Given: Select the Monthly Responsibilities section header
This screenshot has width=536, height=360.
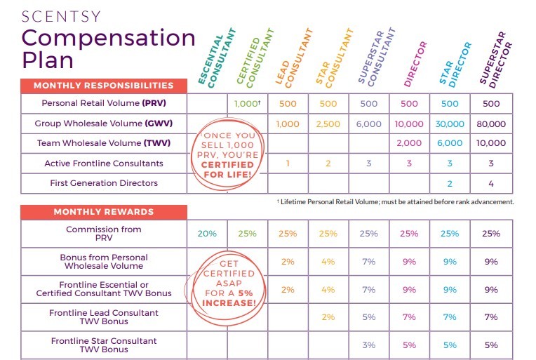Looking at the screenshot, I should click(104, 86).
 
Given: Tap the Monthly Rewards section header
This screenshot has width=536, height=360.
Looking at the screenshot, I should click(104, 211).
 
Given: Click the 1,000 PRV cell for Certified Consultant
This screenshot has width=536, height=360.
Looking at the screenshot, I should click(247, 104).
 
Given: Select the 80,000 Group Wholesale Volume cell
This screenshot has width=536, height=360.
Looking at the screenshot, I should click(491, 124).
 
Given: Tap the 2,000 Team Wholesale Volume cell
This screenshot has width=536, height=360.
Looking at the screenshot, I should click(410, 143).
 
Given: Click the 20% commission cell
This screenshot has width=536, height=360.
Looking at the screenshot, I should click(207, 234).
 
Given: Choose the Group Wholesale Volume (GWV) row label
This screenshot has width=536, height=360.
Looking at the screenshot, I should click(103, 124).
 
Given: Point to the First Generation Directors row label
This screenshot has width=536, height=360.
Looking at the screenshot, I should click(103, 183).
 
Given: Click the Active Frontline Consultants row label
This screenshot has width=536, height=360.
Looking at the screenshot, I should click(103, 164).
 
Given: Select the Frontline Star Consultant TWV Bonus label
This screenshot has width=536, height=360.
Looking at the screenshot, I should click(103, 345).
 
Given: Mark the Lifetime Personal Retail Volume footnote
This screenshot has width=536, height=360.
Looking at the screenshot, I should click(396, 201).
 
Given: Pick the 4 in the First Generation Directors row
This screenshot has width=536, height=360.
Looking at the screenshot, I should click(491, 183).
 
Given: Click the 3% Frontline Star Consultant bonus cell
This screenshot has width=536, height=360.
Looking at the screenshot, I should click(369, 345).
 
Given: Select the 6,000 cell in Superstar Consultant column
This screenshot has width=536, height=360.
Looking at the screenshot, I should click(369, 124).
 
